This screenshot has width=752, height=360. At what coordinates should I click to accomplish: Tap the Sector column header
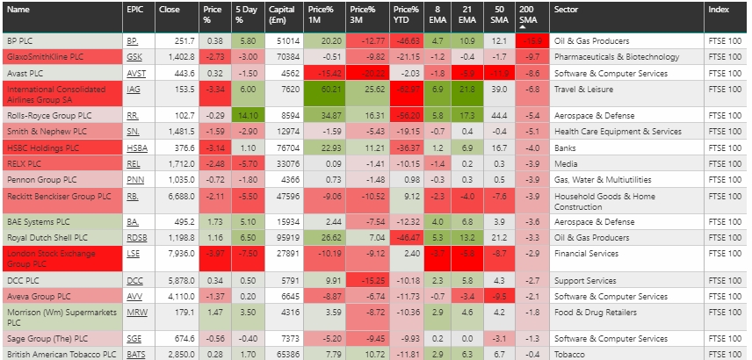coord(565,10)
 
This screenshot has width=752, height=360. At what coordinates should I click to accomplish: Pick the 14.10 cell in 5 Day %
coord(245,115)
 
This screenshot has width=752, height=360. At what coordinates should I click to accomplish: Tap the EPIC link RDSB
coord(136,237)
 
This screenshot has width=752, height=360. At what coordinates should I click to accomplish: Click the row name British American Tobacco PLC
coord(61,354)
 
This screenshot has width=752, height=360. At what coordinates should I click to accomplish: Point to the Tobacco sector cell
coord(570,354)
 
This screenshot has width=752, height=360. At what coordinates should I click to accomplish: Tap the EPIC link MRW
coord(136,312)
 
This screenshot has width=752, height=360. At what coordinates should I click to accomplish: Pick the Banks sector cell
coord(566,148)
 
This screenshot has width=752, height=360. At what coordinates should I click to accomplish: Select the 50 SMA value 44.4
coord(498,115)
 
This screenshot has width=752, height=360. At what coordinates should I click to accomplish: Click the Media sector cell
coord(566,163)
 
